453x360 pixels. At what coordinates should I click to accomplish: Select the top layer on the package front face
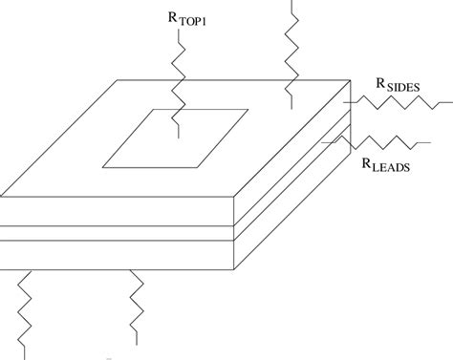tap(115, 208)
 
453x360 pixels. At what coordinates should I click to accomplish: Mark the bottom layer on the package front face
tap(115, 254)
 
